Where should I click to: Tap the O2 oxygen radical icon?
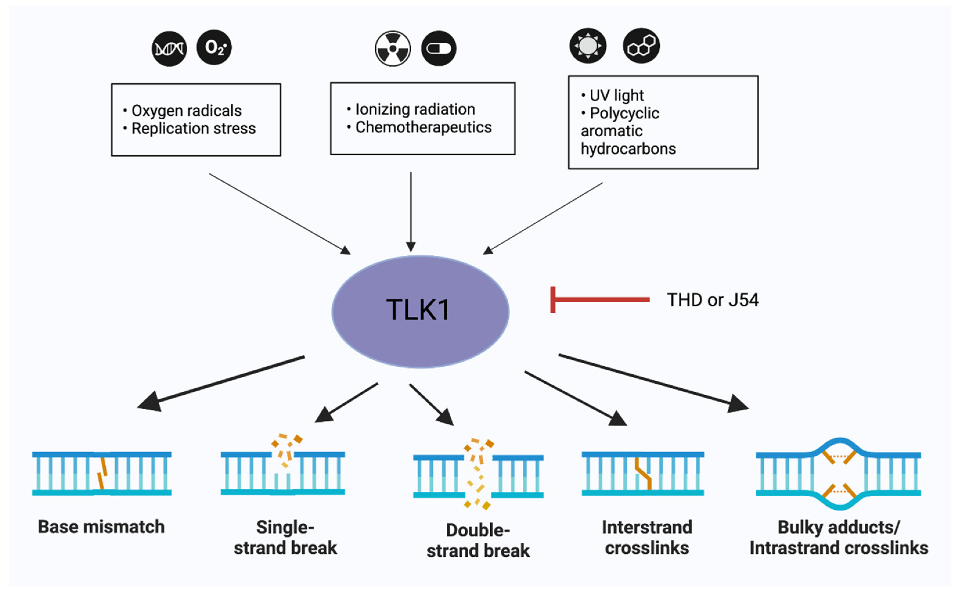pos(214,47)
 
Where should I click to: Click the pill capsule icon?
pos(439,48)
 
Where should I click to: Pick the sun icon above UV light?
pos(588,46)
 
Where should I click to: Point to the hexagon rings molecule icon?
pos(641,46)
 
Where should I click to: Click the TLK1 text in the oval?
pos(418,310)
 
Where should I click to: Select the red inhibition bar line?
pos(601,300)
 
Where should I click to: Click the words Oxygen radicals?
pos(187,111)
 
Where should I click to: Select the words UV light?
pos(617,95)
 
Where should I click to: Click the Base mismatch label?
pos(101,527)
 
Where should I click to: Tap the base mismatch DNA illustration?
pos(102,473)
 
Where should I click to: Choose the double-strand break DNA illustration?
pos(478,475)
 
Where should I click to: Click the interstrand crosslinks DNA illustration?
pos(643,473)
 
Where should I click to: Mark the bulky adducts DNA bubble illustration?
pos(838,474)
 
